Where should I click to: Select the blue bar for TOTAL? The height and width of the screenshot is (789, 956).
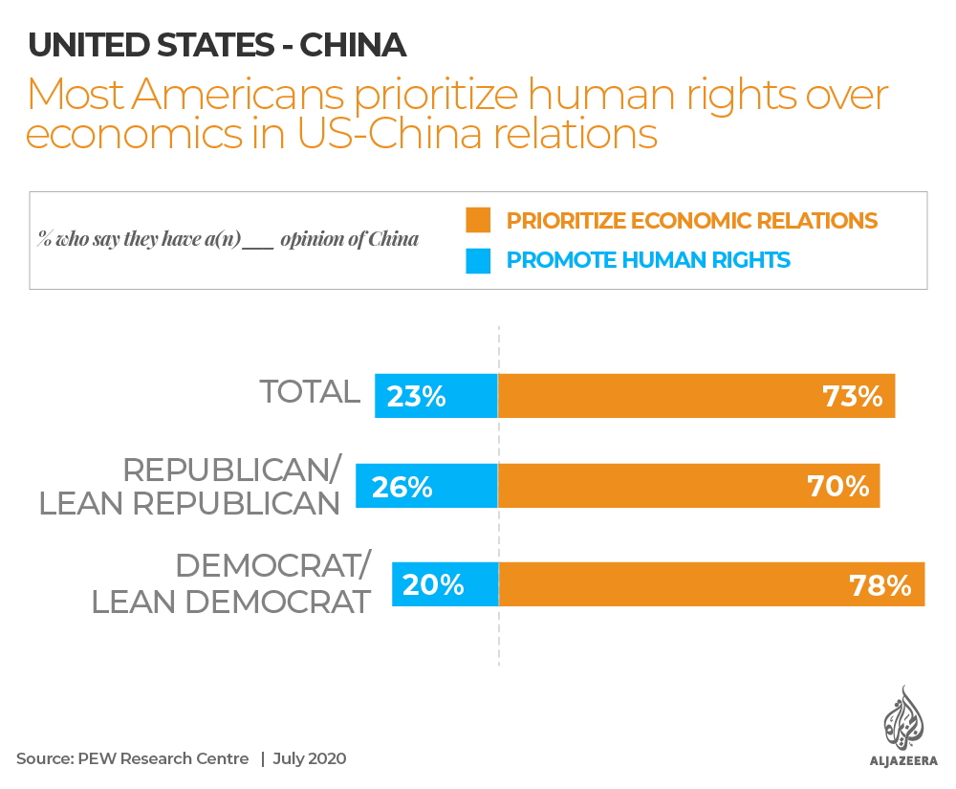coord(436,396)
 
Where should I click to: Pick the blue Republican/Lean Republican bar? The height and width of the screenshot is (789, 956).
coord(426,487)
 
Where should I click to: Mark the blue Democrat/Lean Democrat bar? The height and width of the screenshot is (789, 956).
coord(445,584)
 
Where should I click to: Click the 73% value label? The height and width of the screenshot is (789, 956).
coord(853,396)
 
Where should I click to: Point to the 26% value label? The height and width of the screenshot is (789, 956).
coord(402,487)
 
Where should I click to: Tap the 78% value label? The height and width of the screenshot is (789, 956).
coord(880,584)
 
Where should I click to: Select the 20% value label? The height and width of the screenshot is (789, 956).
coord(433,584)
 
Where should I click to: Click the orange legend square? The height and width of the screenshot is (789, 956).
coord(478,220)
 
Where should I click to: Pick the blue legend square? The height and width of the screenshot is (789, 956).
coord(478,260)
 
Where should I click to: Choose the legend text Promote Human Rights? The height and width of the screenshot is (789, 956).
coord(648,260)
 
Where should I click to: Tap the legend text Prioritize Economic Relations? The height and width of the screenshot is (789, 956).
coord(691,220)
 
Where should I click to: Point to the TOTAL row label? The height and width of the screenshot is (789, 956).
coord(310,391)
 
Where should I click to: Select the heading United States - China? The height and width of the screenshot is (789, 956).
coord(217,45)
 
